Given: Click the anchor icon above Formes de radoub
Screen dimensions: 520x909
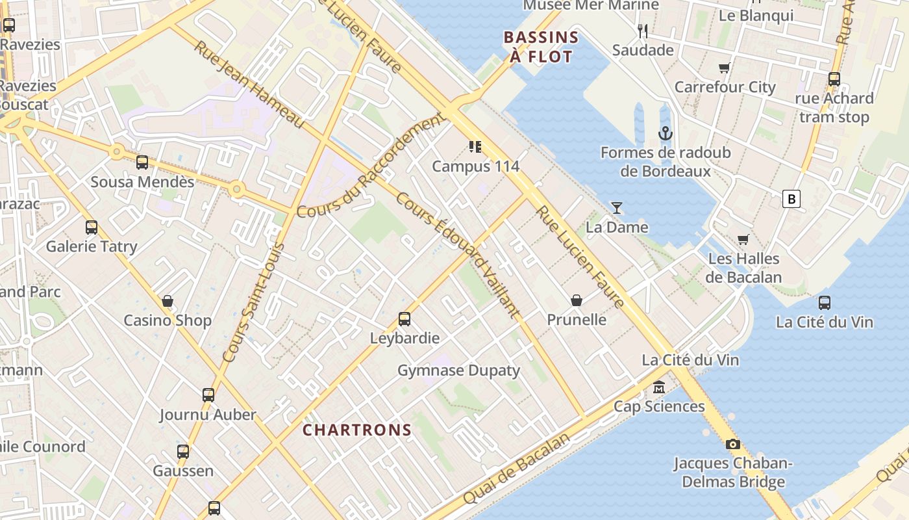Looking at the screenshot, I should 666,134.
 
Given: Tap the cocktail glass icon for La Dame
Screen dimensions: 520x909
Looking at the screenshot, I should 617,208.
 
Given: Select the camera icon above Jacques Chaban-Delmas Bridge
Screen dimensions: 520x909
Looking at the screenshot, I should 733,445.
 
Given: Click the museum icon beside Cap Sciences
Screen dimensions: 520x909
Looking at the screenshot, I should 659,387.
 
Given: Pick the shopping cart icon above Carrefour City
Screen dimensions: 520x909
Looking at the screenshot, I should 725,68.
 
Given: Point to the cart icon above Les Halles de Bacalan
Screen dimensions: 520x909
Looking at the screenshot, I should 743,240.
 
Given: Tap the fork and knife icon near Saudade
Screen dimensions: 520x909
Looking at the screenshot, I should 643,31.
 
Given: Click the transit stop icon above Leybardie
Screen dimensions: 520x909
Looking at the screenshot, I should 405,319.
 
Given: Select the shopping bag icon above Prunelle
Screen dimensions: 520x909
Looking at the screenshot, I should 576,300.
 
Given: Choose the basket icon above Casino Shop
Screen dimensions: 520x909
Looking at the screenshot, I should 168,301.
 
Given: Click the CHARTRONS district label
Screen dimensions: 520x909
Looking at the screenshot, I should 357,430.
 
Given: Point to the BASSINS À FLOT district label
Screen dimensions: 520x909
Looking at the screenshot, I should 541,47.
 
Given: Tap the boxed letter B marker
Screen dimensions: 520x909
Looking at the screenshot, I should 791,199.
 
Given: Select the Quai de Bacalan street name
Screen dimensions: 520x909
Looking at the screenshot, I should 517,469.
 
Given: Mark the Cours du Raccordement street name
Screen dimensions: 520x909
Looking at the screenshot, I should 370,166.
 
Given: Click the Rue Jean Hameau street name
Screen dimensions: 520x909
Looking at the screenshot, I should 249,85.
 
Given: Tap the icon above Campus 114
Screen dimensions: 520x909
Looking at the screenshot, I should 475,147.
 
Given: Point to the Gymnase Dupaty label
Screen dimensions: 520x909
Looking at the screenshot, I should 458,370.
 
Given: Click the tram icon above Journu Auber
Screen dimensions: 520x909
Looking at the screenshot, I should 208,395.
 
